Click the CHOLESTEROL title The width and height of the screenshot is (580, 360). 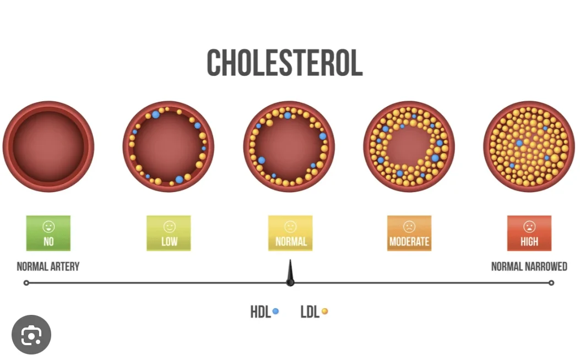[x=285, y=63]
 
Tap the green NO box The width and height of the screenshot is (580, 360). [x=48, y=233]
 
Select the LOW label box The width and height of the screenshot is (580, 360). [x=169, y=233]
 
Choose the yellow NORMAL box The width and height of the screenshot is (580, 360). [x=290, y=233]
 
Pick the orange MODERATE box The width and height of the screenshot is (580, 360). [x=409, y=233]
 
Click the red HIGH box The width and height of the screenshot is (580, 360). [x=529, y=233]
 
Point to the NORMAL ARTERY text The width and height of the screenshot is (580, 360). [x=48, y=267]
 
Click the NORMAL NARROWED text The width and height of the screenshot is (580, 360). [x=529, y=267]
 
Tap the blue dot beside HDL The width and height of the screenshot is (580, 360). [x=275, y=312]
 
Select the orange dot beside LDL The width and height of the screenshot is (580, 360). [x=324, y=312]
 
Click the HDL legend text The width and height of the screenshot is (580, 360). [x=260, y=312]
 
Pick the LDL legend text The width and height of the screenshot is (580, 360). [x=310, y=312]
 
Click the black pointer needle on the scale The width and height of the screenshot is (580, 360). [x=290, y=274]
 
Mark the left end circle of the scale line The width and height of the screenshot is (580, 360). [x=26, y=283]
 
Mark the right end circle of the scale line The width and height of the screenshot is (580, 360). [x=551, y=283]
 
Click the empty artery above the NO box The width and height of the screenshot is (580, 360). [x=48, y=146]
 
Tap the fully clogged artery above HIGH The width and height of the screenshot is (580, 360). [x=529, y=146]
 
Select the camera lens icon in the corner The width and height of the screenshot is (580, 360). [x=31, y=335]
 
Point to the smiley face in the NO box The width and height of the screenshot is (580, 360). [x=48, y=226]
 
